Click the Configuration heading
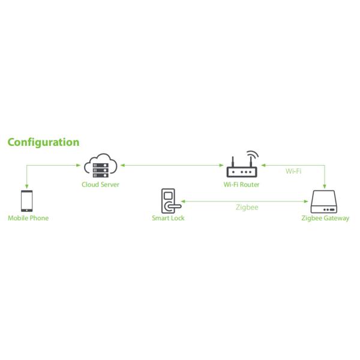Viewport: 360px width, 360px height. [x=43, y=142]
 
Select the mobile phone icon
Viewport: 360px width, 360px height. [x=27, y=200]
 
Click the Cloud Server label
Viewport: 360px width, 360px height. [x=100, y=184]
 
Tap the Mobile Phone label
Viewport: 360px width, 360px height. [x=28, y=218]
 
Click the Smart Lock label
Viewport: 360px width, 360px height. [x=168, y=218]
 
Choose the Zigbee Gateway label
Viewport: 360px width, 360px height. [x=325, y=218]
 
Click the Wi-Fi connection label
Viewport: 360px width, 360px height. [x=293, y=172]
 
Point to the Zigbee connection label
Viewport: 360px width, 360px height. [x=246, y=208]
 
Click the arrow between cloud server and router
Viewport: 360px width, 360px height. [x=170, y=164]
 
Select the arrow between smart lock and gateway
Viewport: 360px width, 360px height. [x=246, y=200]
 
